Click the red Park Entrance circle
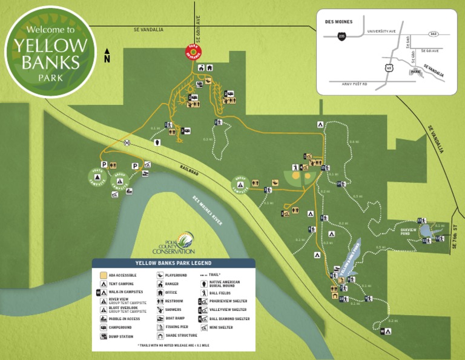(x=194, y=53)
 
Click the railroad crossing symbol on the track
(x=127, y=143)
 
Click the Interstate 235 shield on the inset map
(x=343, y=36)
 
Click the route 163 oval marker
(x=434, y=34)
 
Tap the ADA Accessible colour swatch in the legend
(x=104, y=275)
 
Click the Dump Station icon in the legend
(x=104, y=336)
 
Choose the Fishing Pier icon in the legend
(x=159, y=327)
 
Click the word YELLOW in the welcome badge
(x=50, y=45)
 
